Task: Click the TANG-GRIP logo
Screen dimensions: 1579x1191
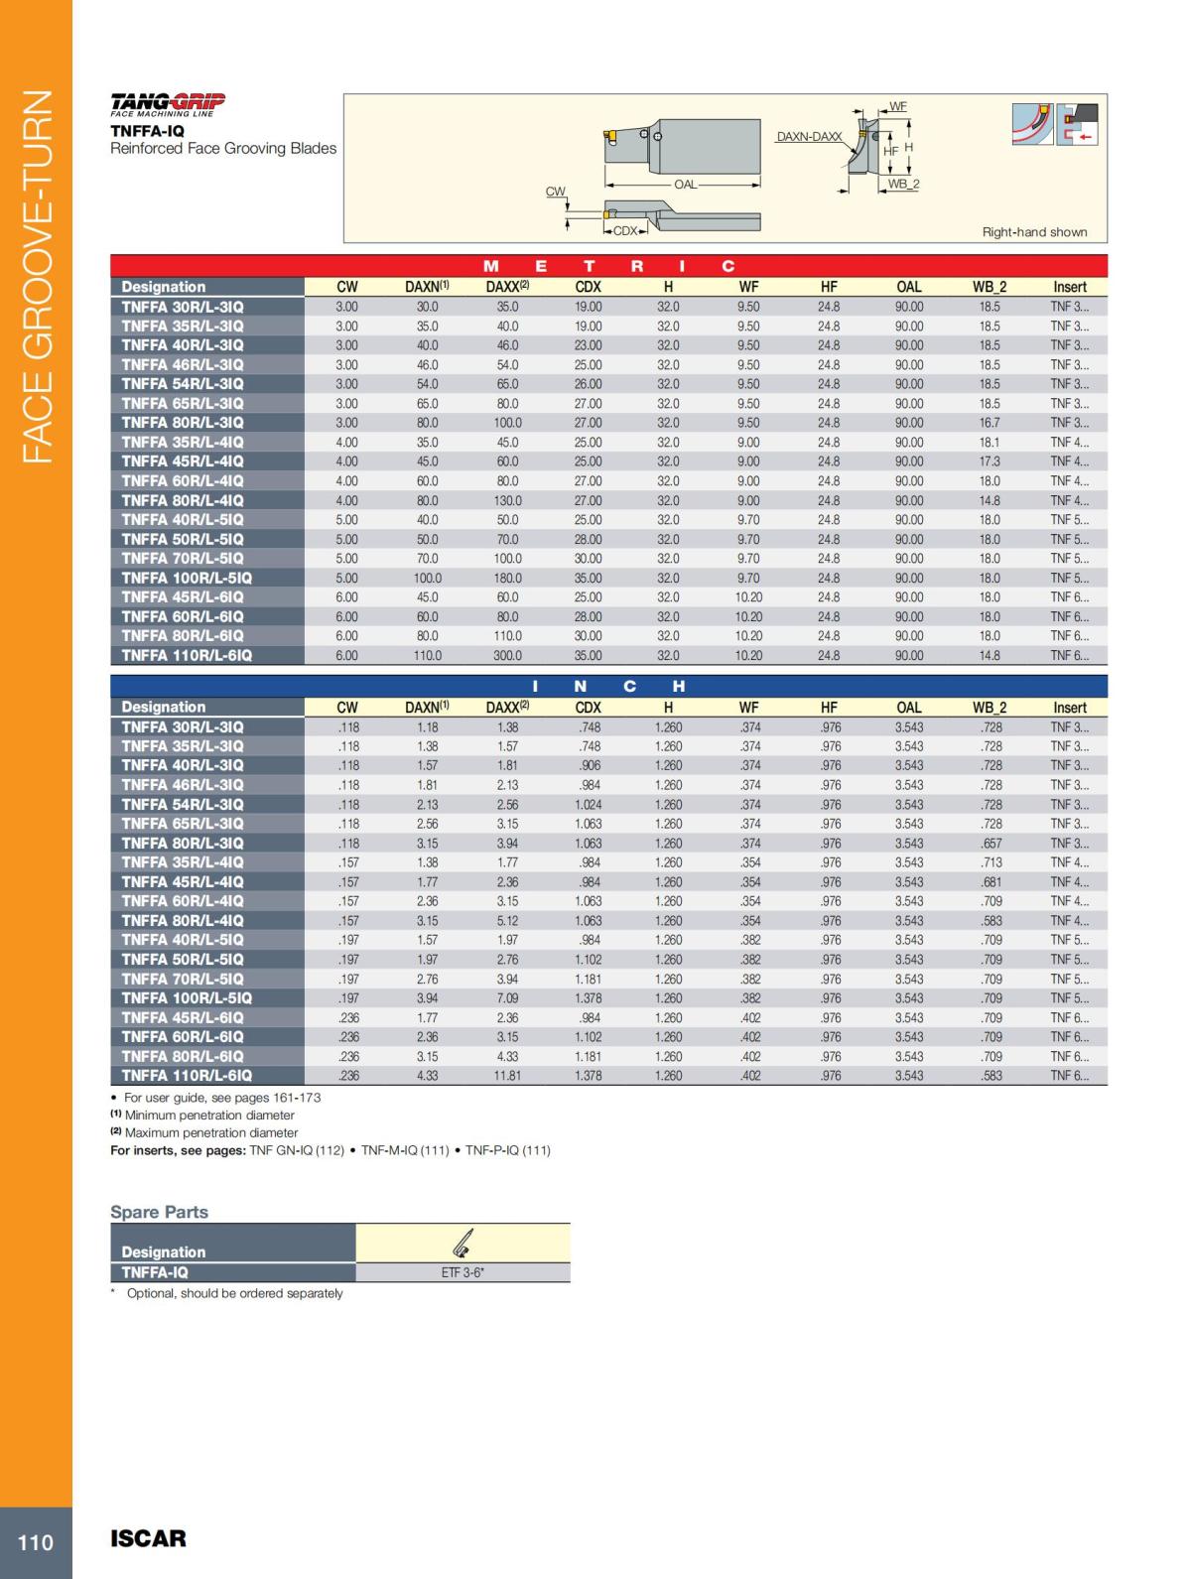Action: tap(168, 103)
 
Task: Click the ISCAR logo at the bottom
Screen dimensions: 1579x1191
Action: tap(148, 1539)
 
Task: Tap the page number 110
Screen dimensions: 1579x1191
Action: tap(36, 1542)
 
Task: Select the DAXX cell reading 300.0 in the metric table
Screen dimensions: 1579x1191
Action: tap(507, 656)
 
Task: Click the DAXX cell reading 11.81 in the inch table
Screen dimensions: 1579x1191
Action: tap(507, 1076)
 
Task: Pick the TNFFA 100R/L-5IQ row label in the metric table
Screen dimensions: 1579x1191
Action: tap(187, 578)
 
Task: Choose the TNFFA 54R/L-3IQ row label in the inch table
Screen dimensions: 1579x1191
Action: tap(183, 804)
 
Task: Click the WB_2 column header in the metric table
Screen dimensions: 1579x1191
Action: tap(989, 287)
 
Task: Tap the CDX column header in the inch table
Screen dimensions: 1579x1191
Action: tap(588, 708)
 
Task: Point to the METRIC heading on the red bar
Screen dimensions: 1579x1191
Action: tap(609, 266)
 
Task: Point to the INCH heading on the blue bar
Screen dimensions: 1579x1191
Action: tap(608, 686)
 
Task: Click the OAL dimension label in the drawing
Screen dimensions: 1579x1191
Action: tap(685, 185)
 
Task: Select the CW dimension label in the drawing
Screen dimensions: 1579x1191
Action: tap(556, 192)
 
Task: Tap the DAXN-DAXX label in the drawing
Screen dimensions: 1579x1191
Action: tap(809, 137)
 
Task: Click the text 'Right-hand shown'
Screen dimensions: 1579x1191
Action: tap(1034, 232)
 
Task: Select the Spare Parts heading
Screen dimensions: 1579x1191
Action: tap(159, 1212)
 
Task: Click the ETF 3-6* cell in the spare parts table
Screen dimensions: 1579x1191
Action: tap(463, 1272)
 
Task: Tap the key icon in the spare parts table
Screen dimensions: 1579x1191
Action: tap(462, 1242)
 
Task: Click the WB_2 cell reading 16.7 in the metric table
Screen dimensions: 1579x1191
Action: tap(990, 423)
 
